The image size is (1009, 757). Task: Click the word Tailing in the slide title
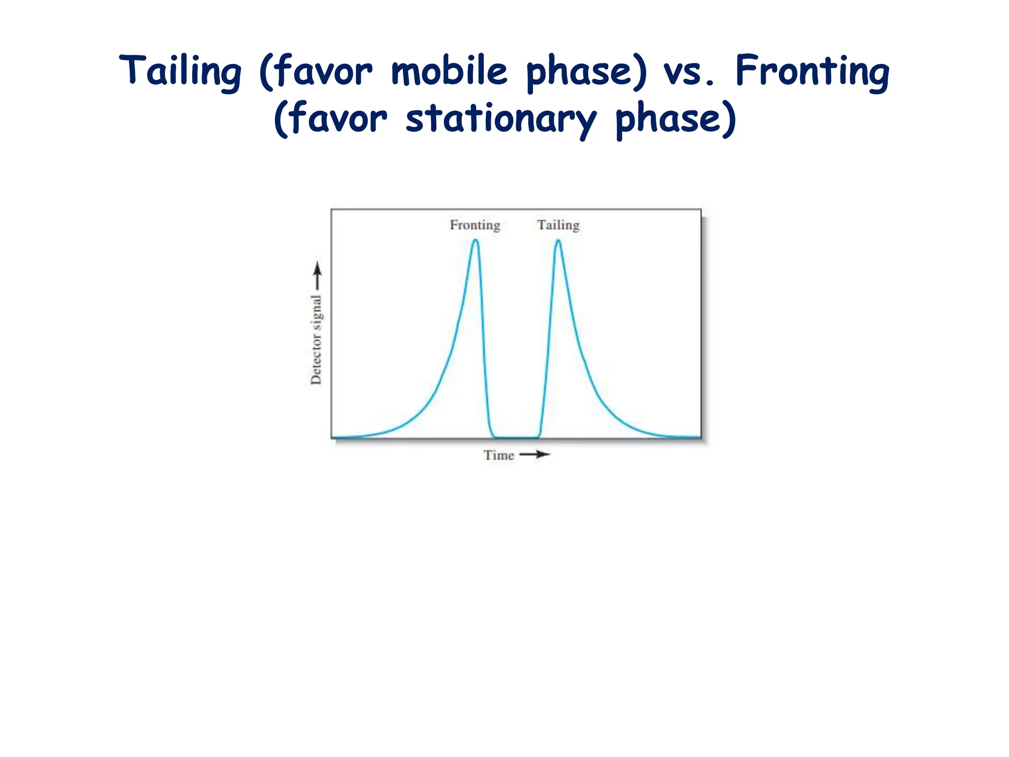point(180,72)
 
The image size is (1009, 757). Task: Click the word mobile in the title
point(449,71)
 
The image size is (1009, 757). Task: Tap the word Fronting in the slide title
point(812,72)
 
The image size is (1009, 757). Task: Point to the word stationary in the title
point(501,119)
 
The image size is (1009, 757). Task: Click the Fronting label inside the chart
point(475,225)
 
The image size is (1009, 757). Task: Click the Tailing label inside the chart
point(558,225)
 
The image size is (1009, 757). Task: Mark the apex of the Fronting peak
point(475,241)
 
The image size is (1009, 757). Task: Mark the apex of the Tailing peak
point(558,241)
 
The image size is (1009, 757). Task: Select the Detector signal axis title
point(316,340)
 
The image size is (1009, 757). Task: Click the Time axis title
point(499,455)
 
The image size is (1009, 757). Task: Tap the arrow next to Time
point(535,454)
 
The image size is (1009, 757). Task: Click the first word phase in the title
point(586,72)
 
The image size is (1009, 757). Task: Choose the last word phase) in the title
point(676,119)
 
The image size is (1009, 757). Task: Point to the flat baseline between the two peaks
point(516,437)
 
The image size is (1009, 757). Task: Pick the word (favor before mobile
point(316,72)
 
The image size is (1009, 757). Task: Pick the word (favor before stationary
point(331,119)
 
